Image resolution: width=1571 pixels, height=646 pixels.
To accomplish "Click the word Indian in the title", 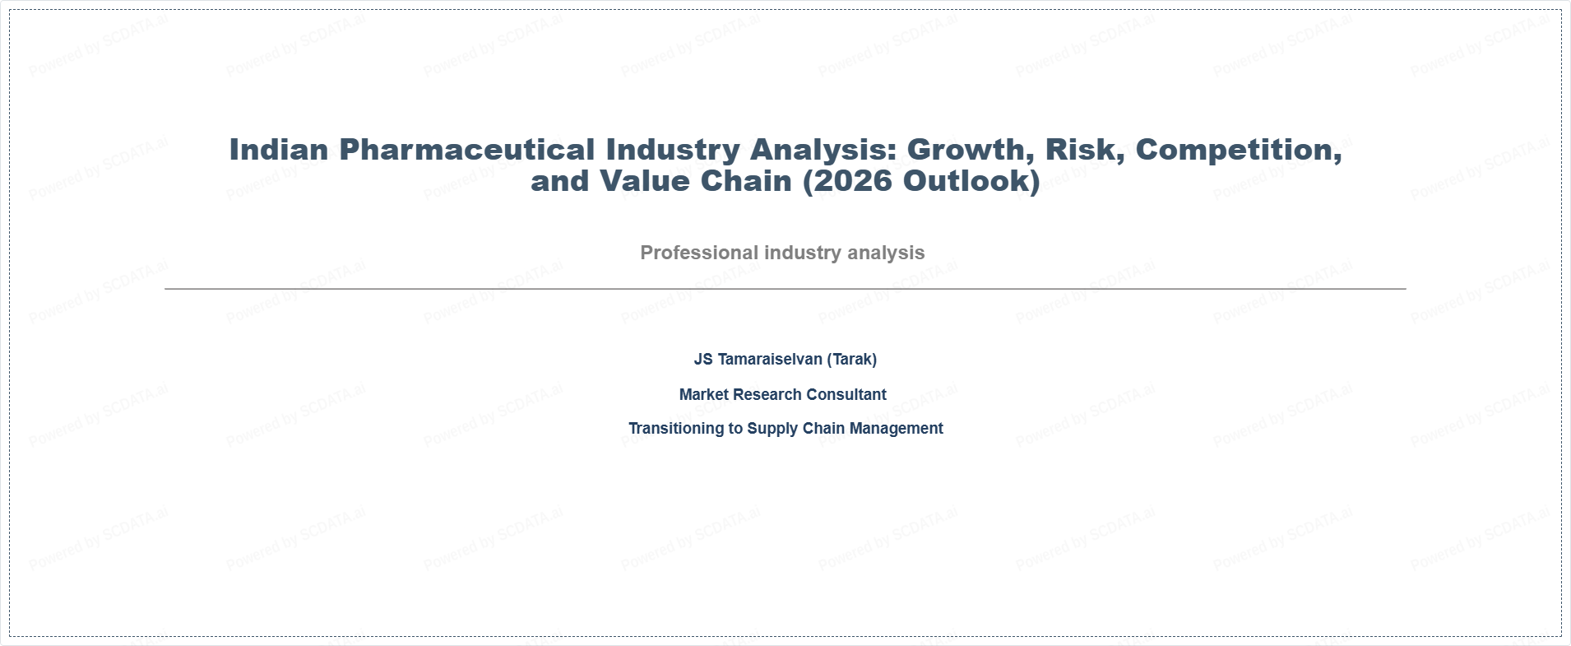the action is [279, 150].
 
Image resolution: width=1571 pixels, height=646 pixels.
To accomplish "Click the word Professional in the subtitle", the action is [699, 253].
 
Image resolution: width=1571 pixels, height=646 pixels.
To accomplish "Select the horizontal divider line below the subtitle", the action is [785, 289].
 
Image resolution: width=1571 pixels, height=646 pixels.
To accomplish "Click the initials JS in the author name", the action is [703, 360].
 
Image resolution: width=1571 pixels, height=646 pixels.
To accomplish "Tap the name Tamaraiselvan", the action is [770, 360].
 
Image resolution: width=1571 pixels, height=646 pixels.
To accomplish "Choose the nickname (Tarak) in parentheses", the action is [852, 360].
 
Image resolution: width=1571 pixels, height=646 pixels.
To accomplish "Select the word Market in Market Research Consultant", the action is [703, 395].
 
